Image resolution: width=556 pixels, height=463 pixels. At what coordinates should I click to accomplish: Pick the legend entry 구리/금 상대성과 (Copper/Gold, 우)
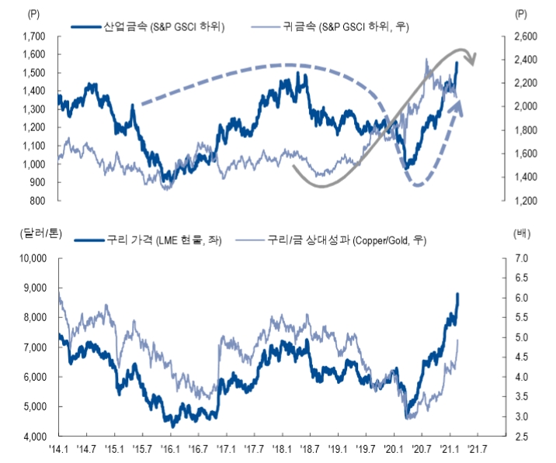(x=347, y=240)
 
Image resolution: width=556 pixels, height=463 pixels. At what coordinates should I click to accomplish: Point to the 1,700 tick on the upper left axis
(x=34, y=36)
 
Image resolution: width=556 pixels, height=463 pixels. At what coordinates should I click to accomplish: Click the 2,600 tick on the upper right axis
(x=526, y=36)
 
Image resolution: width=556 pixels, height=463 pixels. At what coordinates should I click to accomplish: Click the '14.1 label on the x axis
(x=59, y=449)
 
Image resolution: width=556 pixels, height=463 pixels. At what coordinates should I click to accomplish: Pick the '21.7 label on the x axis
(x=478, y=449)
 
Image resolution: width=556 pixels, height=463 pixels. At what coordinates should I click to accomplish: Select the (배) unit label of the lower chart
(x=521, y=231)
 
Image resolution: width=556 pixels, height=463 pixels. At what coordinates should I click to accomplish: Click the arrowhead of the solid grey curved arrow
(x=471, y=59)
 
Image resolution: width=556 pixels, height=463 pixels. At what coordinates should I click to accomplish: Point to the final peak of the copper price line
(x=458, y=294)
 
